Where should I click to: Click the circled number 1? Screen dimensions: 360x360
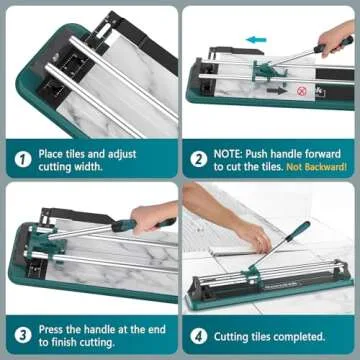[x=22, y=157]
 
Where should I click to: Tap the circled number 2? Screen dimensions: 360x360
[x=200, y=157]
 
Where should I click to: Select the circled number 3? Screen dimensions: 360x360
[x=22, y=335]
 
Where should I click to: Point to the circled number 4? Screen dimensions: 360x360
[x=200, y=335]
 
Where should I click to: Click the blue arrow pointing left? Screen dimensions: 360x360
[x=256, y=41]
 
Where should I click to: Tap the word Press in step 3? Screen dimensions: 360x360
[x=57, y=327]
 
